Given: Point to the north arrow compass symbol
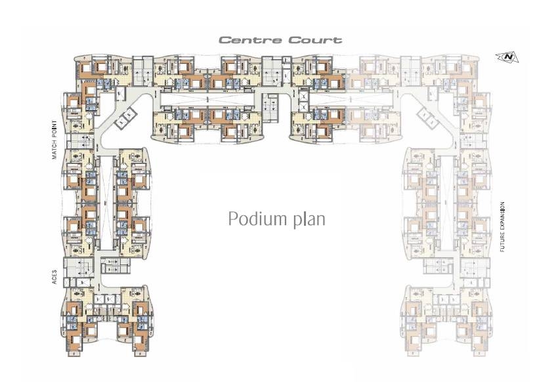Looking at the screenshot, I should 509,57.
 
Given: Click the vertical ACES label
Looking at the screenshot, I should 58,277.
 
